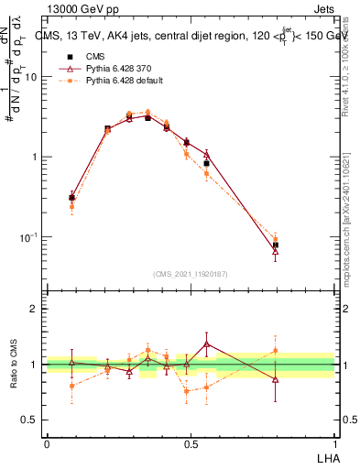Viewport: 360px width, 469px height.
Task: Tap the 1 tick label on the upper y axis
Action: (x=35, y=157)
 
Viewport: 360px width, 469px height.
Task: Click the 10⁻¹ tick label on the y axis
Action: (x=30, y=237)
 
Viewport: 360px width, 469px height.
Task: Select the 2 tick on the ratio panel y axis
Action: (x=35, y=309)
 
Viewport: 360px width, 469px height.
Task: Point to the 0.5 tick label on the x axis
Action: (x=191, y=443)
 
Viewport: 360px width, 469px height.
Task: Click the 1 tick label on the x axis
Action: (x=334, y=443)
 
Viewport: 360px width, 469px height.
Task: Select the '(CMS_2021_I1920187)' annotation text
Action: (x=191, y=272)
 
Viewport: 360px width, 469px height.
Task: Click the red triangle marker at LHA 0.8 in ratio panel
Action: (x=276, y=378)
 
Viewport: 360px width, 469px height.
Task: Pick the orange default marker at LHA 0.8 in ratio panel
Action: (x=276, y=350)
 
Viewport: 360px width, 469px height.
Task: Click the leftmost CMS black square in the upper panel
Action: (x=72, y=197)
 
